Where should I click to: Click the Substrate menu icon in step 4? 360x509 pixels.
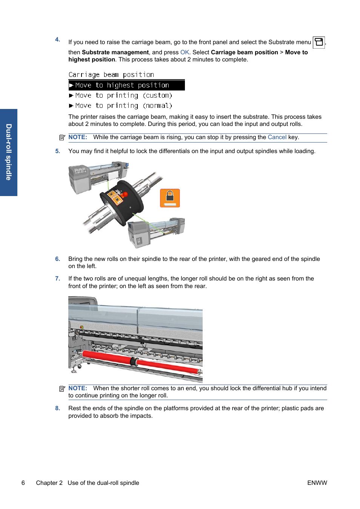pos(319,42)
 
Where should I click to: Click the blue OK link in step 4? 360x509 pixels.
pos(185,52)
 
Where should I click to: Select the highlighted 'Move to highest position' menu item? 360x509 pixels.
pos(126,85)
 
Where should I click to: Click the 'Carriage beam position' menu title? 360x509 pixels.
pos(111,75)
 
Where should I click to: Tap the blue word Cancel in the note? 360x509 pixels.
pos(277,137)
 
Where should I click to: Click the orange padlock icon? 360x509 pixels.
pos(170,198)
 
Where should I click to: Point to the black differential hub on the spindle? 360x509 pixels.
pos(122,202)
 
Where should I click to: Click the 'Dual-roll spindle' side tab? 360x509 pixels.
pos(9,152)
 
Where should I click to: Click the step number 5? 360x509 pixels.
pos(58,151)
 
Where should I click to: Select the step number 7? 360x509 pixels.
pos(58,279)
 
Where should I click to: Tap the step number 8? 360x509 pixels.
pos(58,408)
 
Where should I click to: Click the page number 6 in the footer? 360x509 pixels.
pos(23,483)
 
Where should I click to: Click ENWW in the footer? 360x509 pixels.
pos(317,483)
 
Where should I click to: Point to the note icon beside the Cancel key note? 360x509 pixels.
pos(62,138)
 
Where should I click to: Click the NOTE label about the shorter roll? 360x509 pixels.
pos(78,388)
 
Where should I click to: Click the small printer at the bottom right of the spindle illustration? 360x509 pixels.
pos(157,232)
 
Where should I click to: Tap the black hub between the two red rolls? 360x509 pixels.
pos(134,362)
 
